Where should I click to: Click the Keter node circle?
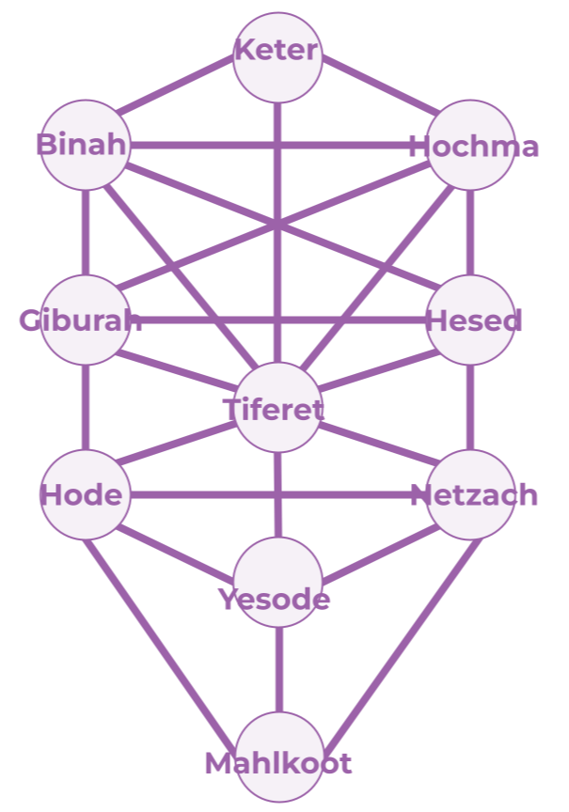tap(277, 56)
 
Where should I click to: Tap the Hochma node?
tap(470, 145)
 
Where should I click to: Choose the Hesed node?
tap(470, 320)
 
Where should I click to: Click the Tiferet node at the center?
tap(277, 408)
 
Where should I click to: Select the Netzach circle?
tap(470, 494)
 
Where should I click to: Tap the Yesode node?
tap(277, 583)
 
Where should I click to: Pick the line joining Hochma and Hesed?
tap(470, 232)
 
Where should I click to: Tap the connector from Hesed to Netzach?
tap(470, 407)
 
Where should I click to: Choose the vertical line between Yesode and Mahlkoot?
tap(277, 670)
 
